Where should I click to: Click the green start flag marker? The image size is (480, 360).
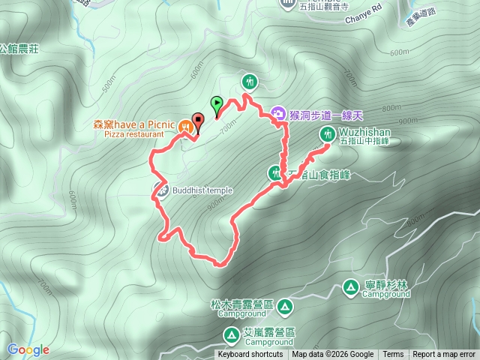[x=217, y=103]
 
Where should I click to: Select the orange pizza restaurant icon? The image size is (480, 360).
[x=185, y=127]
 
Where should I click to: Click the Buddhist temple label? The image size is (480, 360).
[x=202, y=190]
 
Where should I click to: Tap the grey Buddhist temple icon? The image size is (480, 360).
[x=161, y=190]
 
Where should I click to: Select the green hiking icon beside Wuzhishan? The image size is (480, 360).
[x=328, y=134]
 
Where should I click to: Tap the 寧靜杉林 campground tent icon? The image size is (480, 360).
[x=350, y=286]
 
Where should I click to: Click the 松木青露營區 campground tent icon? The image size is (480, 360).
[x=284, y=306]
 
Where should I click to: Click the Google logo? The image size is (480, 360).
[x=28, y=349]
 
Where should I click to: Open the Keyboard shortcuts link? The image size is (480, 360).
[x=250, y=355]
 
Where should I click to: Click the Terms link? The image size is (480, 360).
[x=393, y=355]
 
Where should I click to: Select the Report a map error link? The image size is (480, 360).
[x=444, y=355]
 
